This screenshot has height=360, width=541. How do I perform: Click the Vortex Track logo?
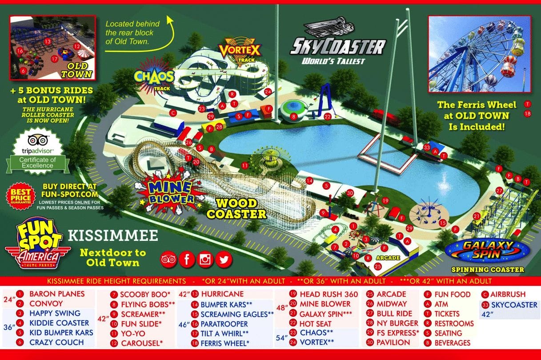pos(239,52)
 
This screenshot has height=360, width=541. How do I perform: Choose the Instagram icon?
pos(205,259)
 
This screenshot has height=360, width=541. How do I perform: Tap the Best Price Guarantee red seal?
pos(19,196)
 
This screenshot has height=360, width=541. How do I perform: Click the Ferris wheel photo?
pos(479,54)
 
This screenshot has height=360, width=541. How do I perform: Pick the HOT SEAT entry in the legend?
pos(315,324)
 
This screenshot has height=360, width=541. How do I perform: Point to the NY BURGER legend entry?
pos(397,323)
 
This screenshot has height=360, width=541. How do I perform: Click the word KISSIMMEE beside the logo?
pos(113,235)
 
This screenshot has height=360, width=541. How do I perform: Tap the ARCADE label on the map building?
pos(385,258)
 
